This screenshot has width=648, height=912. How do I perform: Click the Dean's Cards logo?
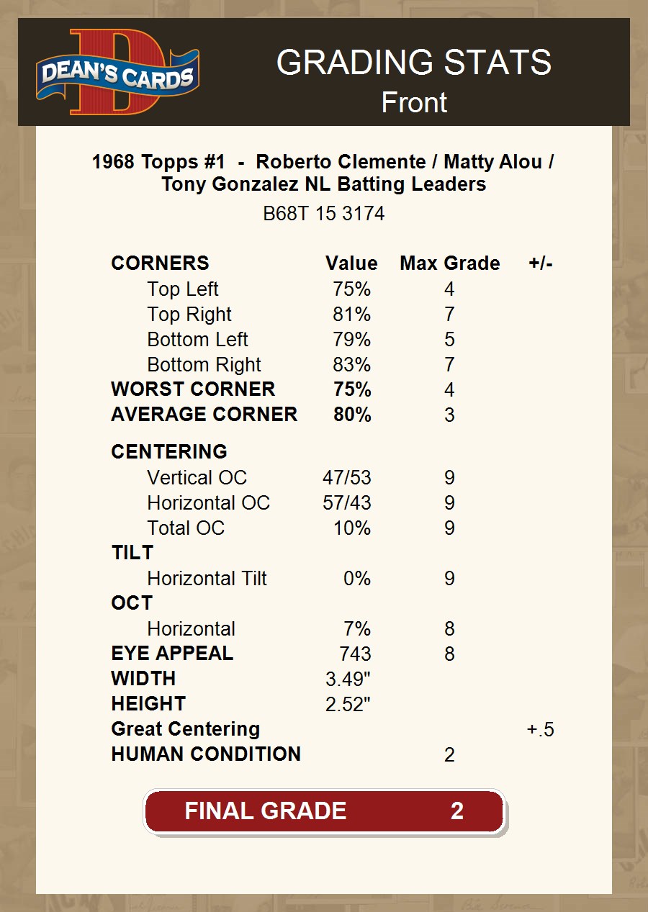(x=117, y=72)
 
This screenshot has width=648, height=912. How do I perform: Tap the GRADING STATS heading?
(x=414, y=63)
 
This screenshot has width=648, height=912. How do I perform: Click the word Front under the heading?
(x=414, y=102)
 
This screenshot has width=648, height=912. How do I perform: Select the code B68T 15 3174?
(x=323, y=214)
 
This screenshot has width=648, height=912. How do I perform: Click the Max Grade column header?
(x=449, y=263)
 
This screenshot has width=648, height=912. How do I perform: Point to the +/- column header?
(x=540, y=263)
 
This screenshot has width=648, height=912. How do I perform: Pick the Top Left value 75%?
(x=351, y=289)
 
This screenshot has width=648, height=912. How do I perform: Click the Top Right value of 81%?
(x=351, y=315)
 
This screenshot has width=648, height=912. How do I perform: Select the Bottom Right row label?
(x=204, y=365)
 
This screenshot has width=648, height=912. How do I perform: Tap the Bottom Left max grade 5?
(x=449, y=340)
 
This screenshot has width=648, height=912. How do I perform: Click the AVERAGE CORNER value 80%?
(x=352, y=415)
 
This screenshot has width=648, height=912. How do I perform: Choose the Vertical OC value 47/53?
(x=347, y=478)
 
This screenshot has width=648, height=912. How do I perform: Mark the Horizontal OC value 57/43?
(x=347, y=503)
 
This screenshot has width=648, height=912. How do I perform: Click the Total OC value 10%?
(x=351, y=528)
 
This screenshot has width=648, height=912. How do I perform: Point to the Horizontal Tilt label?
(x=207, y=579)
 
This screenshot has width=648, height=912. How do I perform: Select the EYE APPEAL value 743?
(x=355, y=654)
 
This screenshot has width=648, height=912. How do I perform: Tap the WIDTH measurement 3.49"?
(x=348, y=680)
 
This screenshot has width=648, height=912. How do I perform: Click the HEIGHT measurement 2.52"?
(x=348, y=705)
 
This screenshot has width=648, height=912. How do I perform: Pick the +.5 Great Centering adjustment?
(x=540, y=730)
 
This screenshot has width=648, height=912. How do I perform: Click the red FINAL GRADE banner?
(x=324, y=811)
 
